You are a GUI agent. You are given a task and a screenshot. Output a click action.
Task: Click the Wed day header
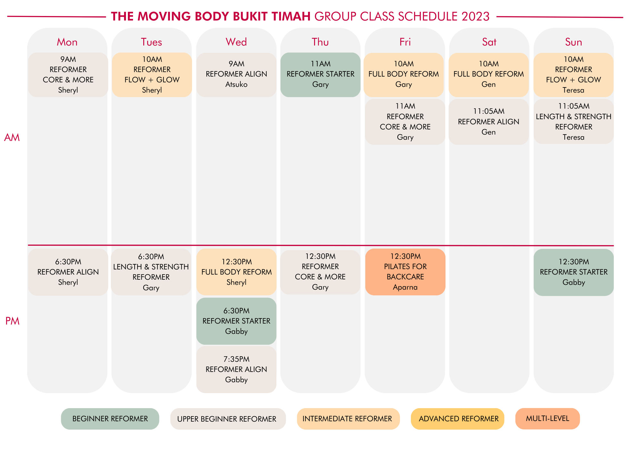pyautogui.click(x=236, y=42)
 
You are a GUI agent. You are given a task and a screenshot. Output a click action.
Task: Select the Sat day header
pyautogui.click(x=489, y=42)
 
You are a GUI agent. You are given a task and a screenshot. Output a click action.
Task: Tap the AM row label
pyautogui.click(x=12, y=137)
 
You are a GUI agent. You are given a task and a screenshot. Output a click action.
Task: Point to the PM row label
pyautogui.click(x=12, y=321)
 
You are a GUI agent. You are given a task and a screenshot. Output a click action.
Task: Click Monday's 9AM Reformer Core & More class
pyautogui.click(x=68, y=75)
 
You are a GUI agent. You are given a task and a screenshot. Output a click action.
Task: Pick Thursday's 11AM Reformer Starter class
pyautogui.click(x=320, y=75)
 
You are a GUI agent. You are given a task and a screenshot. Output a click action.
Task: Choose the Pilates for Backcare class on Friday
pyautogui.click(x=405, y=272)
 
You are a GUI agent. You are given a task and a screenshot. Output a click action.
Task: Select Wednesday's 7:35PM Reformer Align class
pyautogui.click(x=236, y=369)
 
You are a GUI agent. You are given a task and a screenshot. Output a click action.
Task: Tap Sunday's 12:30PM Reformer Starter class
pyautogui.click(x=574, y=272)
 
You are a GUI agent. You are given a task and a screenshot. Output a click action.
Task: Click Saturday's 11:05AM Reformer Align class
pyautogui.click(x=489, y=122)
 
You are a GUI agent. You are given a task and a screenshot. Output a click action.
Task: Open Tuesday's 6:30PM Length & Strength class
pyautogui.click(x=151, y=272)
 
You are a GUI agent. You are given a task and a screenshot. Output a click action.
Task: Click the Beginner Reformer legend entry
pyautogui.click(x=110, y=419)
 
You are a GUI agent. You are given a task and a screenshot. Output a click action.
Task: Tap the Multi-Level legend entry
pyautogui.click(x=548, y=419)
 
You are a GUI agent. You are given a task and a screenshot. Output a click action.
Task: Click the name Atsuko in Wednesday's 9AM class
pyautogui.click(x=237, y=85)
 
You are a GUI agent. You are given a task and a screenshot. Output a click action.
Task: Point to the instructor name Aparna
pyautogui.click(x=405, y=287)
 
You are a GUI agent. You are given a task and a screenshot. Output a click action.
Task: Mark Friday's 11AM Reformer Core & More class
pyautogui.click(x=405, y=122)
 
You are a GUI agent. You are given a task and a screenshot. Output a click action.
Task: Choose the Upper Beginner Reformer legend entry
pyautogui.click(x=228, y=419)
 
